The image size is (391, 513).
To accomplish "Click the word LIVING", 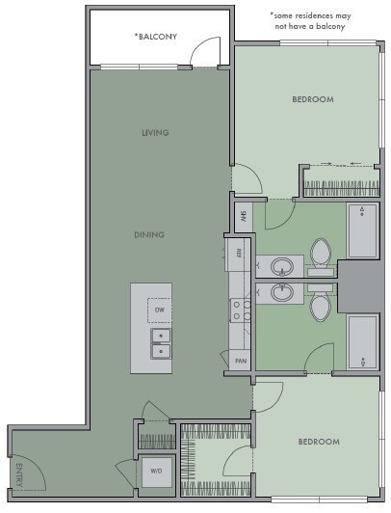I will click(155, 133).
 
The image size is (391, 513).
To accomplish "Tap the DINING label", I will click(149, 234).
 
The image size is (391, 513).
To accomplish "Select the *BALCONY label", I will click(156, 37).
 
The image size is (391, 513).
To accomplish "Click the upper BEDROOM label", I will click(313, 99).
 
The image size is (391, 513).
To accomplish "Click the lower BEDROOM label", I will click(318, 442).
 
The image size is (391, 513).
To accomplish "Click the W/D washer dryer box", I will click(156, 472).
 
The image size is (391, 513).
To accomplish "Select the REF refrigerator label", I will click(238, 253).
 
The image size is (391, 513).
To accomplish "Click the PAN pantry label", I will click(240, 361).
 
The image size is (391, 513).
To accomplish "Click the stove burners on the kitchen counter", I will click(240, 309).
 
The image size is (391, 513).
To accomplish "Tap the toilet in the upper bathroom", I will click(322, 255).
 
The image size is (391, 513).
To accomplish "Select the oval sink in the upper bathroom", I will click(283, 266).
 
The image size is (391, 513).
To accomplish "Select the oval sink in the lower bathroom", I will click(283, 293).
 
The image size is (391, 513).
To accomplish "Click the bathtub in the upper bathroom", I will click(362, 230).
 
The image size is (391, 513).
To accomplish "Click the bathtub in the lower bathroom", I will click(362, 341).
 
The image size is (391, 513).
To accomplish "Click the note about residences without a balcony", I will click(311, 21).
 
